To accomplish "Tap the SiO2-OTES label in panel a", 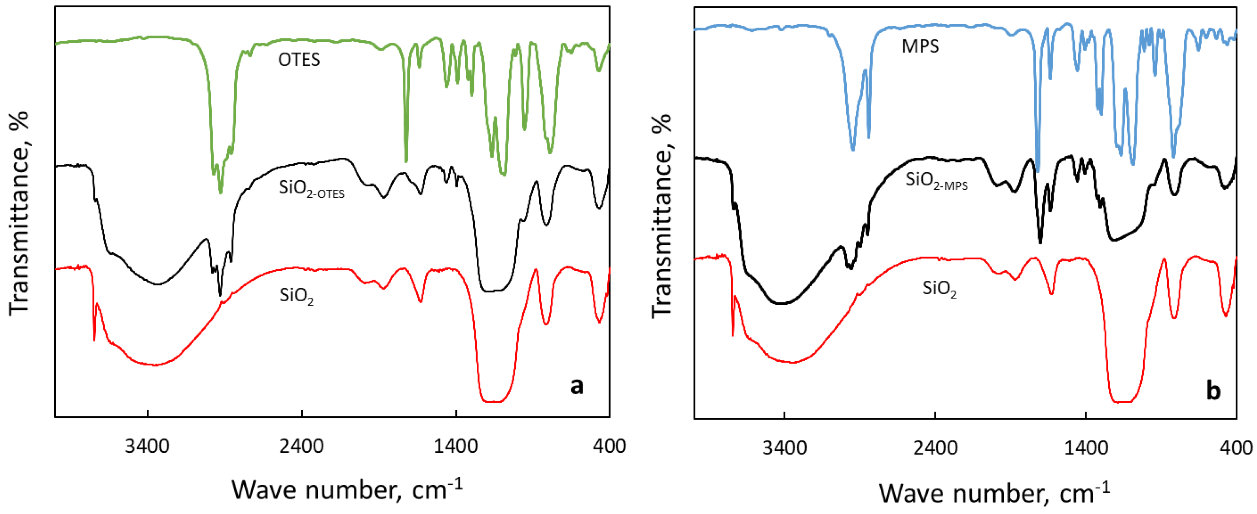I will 311,189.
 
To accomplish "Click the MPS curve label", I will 920,46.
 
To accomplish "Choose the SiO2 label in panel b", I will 939,289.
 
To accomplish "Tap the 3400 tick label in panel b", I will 784,447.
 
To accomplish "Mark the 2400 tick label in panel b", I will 935,447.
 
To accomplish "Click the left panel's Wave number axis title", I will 347,489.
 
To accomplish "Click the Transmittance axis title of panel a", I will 19,213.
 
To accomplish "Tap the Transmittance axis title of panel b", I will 662,216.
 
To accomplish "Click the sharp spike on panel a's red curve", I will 94,332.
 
